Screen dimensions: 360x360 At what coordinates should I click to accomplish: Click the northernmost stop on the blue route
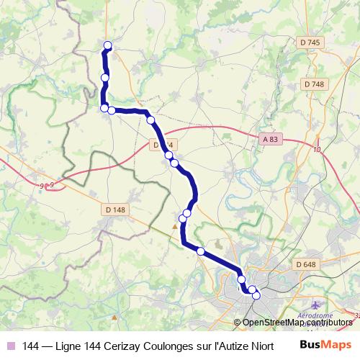tap(108, 46)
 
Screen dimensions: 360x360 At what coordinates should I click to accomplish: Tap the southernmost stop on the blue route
tap(256, 295)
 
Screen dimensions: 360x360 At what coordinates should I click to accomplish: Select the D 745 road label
tap(307, 43)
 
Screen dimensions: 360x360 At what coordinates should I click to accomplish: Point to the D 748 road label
tap(314, 84)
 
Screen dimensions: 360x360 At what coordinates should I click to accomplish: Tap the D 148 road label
tap(114, 210)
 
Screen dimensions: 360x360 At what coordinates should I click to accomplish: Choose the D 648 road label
tap(306, 265)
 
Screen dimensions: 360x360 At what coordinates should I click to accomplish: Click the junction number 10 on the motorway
tap(317, 150)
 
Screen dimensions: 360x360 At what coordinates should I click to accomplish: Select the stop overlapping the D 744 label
tap(168, 155)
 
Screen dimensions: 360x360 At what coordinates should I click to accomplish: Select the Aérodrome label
tap(318, 315)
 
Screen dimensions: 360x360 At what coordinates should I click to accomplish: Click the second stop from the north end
tap(105, 78)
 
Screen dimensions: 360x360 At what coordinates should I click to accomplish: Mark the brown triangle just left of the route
tap(174, 227)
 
